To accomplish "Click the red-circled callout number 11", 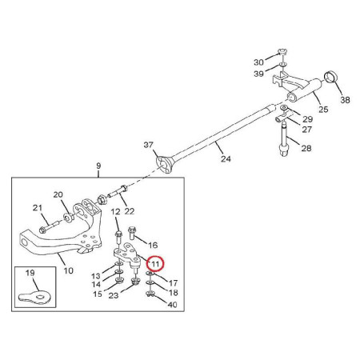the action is [155, 264].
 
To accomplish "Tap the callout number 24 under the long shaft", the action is [226, 158].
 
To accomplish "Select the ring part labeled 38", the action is [331, 78].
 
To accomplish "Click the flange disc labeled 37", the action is [163, 165].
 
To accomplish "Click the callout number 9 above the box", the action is [98, 166].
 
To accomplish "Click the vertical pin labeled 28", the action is [284, 138].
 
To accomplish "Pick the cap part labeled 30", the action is [282, 51].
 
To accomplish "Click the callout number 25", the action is [323, 110].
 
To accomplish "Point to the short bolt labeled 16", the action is [132, 233].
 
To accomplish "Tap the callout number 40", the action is [173, 304].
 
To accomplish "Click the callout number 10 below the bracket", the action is [68, 270].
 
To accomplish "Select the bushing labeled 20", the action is [69, 218].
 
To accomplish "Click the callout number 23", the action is [114, 295].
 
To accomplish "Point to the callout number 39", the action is [258, 74].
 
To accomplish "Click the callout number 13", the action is [96, 276].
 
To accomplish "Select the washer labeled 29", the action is [285, 107].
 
